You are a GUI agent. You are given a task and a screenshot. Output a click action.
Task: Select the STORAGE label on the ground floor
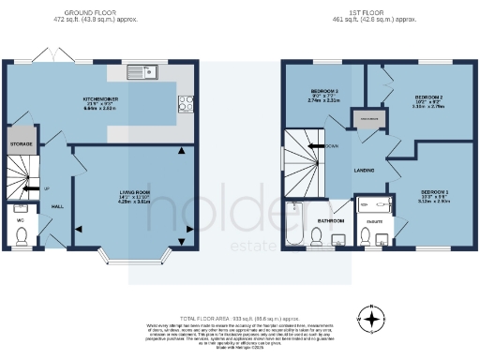click(x=21, y=143)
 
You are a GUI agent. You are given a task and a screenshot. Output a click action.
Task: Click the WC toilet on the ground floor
click(x=21, y=243)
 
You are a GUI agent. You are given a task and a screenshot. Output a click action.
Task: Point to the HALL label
click(x=56, y=206)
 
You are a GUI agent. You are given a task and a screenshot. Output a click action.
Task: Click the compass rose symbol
click(x=373, y=319)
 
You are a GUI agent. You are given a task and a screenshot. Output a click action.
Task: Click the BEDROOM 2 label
click(x=428, y=97)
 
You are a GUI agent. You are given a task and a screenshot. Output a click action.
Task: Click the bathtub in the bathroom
click(x=294, y=223)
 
